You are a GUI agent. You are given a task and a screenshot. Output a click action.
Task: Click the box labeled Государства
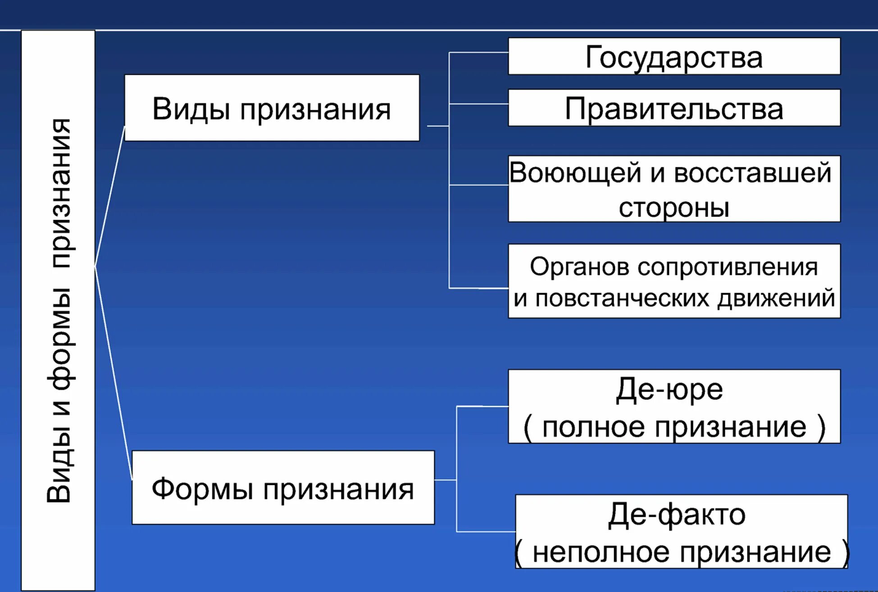674,56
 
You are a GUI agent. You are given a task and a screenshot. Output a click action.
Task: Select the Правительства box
674,108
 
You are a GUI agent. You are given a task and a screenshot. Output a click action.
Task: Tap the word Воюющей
575,173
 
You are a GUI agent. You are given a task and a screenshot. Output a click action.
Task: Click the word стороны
674,208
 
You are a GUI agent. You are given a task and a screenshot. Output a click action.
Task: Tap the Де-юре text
669,389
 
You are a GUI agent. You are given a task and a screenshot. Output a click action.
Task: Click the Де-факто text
677,515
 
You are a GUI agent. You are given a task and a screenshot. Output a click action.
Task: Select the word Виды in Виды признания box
191,109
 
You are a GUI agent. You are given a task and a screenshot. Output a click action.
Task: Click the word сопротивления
728,267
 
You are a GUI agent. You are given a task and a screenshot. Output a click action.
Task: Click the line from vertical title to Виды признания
109,196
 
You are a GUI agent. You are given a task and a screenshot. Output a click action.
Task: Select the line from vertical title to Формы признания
113,374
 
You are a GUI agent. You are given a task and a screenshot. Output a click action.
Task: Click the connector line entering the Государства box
478,53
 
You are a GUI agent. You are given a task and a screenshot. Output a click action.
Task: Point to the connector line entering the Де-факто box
486,532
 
